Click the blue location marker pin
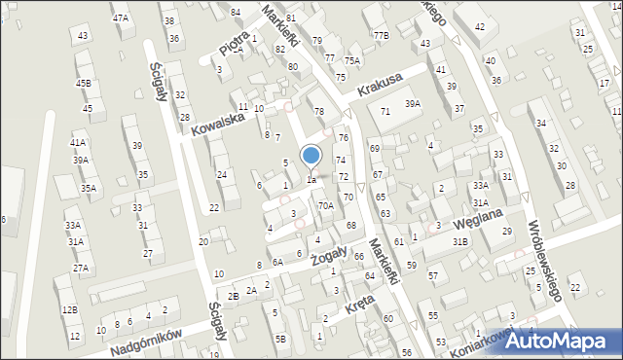311,157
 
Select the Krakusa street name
379,86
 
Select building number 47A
120,18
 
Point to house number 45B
83,84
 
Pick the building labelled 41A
78,142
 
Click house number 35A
88,188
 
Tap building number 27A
81,268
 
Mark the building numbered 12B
69,310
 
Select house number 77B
380,36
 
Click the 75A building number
351,60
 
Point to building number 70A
326,205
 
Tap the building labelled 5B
280,339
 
